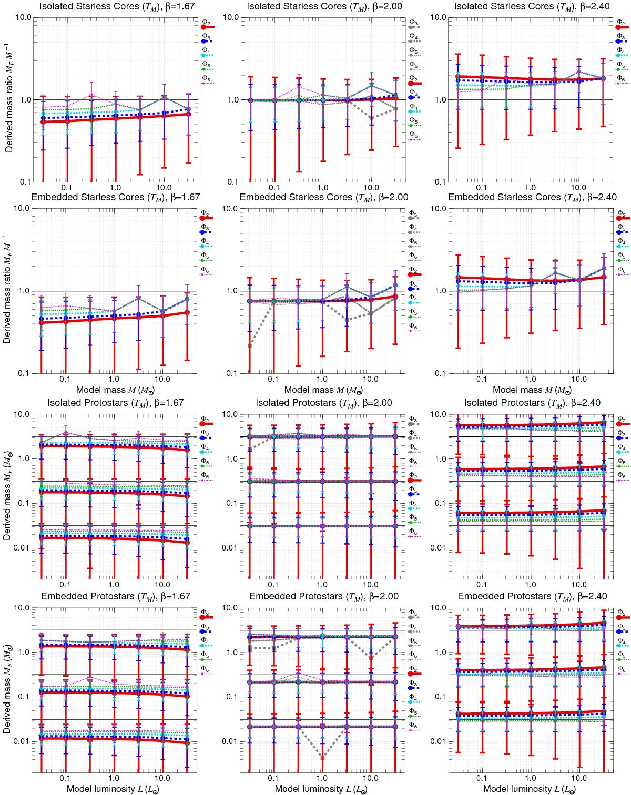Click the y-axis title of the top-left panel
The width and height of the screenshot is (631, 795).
coord(9,100)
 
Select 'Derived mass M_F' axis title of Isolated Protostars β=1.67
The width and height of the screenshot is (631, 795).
coord(9,496)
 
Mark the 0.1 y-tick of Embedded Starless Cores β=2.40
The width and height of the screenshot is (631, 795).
coord(440,374)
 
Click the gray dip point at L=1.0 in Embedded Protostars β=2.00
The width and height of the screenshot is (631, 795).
coord(322,757)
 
